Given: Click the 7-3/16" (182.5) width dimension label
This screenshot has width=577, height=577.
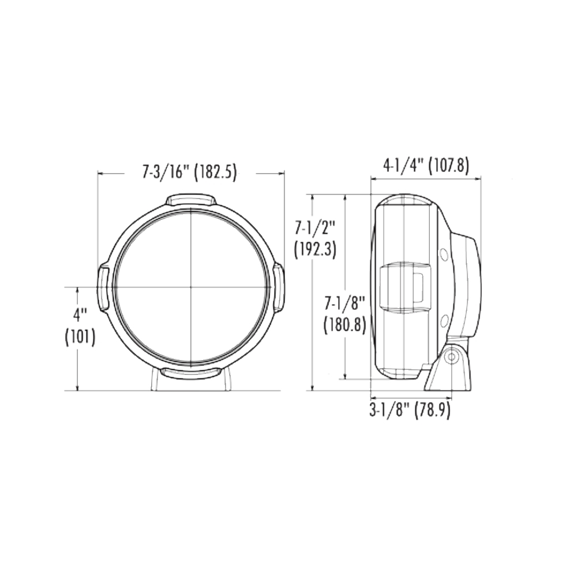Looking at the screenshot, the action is [189, 172].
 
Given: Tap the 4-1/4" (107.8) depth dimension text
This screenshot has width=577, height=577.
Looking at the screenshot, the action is [426, 166].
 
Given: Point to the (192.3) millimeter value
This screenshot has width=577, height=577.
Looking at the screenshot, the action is [315, 250].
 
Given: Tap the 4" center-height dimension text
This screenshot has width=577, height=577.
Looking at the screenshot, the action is [80, 316].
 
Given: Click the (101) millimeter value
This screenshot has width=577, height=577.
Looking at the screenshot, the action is [80, 337].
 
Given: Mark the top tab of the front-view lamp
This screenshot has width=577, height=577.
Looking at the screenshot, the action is [191, 200].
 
